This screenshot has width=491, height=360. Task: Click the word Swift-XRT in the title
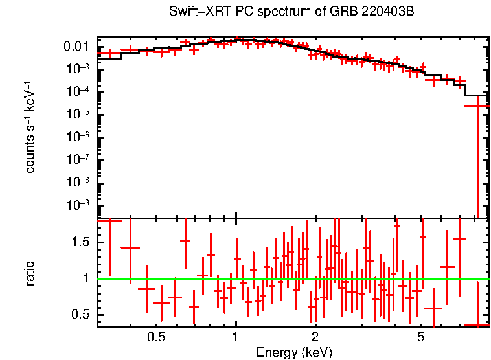195,12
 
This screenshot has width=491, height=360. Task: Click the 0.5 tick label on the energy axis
155,338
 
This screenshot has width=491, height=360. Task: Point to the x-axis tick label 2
315,338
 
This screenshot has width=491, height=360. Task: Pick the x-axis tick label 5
420,338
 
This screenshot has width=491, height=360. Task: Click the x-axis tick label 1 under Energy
236,338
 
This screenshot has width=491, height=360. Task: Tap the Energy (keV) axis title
294,352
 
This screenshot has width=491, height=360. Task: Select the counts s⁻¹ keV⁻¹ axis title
30,127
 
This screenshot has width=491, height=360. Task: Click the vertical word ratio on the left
30,273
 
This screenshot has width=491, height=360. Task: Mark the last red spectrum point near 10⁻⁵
478,105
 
